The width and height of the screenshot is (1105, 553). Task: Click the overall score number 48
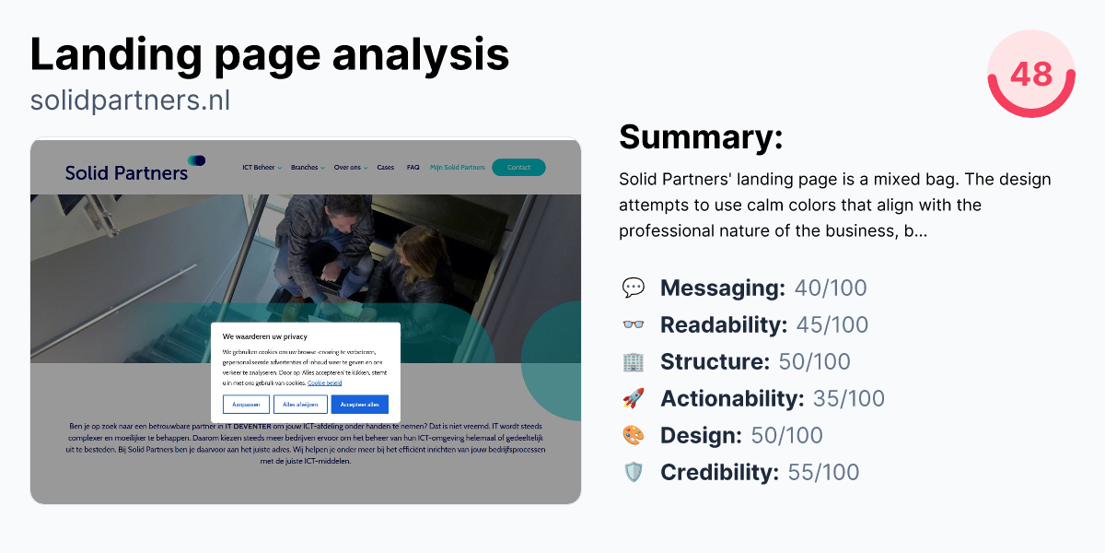point(1030,73)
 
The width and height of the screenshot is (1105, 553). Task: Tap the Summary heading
point(700,137)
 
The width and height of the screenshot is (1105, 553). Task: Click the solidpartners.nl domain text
point(130,100)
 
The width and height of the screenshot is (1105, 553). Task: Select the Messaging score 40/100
point(831,288)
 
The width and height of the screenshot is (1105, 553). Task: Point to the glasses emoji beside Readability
point(634,325)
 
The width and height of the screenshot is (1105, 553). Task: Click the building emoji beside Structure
point(634,362)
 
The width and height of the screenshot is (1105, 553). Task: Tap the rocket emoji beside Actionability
point(634,399)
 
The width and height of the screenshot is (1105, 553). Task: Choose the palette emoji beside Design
point(634,436)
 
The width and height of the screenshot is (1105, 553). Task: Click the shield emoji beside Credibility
point(634,473)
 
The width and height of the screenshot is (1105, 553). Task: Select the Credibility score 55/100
point(823,473)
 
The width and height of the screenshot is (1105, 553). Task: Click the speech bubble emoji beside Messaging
point(634,288)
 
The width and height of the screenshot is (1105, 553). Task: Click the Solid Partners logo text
point(126,171)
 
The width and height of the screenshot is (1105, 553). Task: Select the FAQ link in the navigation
point(413,168)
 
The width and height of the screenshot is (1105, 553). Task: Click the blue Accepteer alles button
point(359,405)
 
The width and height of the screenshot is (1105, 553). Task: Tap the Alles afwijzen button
point(300,405)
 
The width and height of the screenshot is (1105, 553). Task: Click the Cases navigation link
point(385,168)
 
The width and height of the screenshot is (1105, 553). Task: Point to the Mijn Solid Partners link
point(458,168)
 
